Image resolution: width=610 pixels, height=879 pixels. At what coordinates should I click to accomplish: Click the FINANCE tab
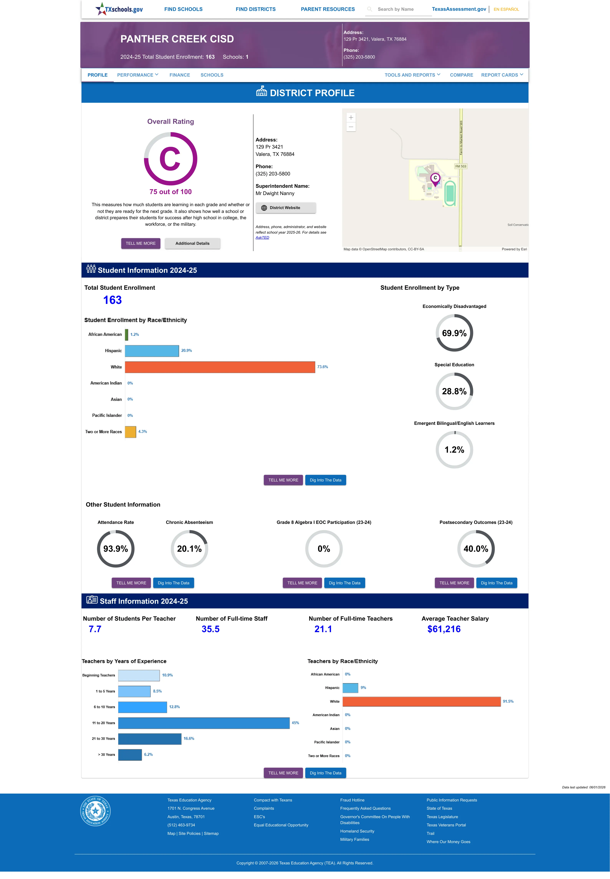(180, 75)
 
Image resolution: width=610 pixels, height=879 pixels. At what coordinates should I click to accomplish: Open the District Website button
(286, 208)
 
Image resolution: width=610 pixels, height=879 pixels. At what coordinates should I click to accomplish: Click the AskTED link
(262, 238)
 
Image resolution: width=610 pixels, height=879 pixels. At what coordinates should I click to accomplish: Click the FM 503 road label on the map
(461, 166)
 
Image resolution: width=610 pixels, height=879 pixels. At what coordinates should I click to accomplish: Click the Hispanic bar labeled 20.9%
(152, 351)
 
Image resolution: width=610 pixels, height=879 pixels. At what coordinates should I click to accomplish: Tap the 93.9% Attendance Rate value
(115, 549)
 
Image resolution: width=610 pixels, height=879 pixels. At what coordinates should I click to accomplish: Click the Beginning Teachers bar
(139, 675)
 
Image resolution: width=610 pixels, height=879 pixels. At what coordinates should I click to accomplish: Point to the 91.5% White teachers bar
(422, 701)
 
